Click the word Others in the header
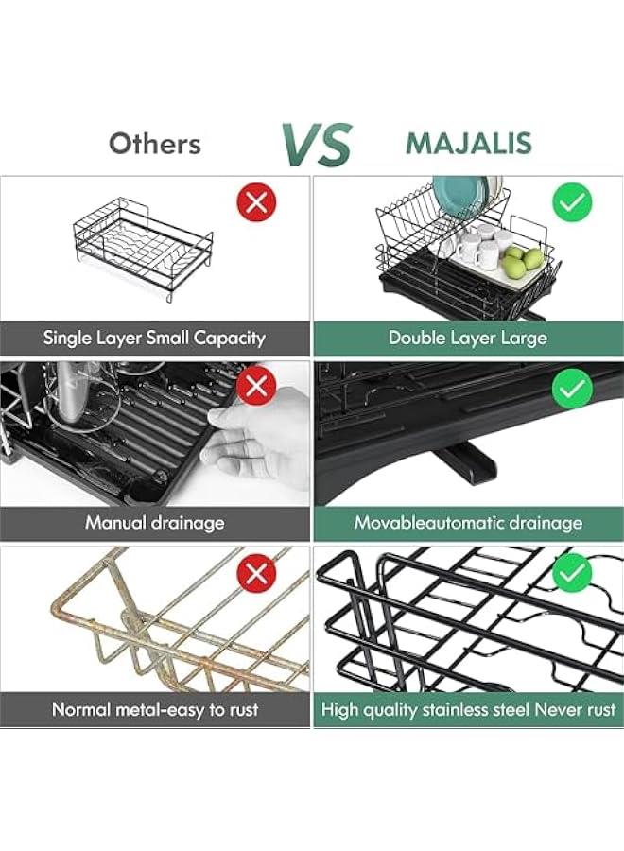point(155,144)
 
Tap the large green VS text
point(317,145)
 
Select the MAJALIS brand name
point(469,144)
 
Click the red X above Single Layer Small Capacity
point(256,202)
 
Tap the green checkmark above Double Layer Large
point(572,202)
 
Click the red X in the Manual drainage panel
point(256,386)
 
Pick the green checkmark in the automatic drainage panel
point(572,387)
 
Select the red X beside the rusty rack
point(256,573)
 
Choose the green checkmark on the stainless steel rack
point(572,573)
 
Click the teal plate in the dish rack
point(457,196)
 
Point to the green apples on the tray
point(522,262)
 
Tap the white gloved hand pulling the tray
point(255,439)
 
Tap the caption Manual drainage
point(155,523)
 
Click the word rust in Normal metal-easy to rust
point(242,709)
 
